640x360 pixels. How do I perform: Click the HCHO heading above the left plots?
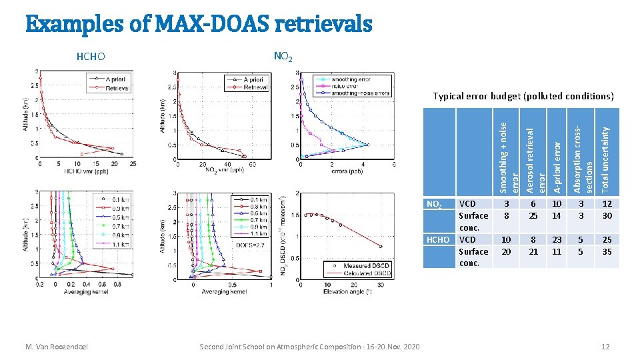click(91, 57)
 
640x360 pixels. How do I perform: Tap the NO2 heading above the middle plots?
click(282, 57)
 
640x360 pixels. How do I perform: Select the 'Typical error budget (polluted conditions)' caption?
click(523, 96)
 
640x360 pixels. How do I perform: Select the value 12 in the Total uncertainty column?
click(607, 204)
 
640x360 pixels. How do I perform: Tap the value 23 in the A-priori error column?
click(557, 240)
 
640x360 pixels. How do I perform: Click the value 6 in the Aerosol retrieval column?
click(533, 204)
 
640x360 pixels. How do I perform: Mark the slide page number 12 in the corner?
click(605, 347)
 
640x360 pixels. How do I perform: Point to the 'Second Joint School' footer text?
click(310, 347)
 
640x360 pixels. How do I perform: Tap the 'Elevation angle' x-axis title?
click(347, 291)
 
